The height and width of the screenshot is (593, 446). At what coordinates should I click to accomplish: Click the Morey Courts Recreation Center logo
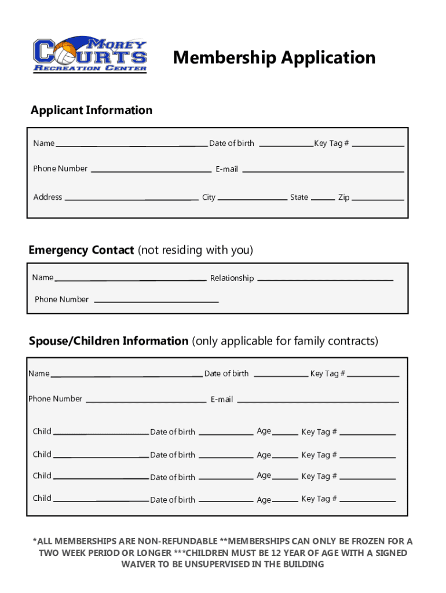(x=90, y=56)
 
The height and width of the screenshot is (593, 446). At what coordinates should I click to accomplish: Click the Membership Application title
(x=274, y=57)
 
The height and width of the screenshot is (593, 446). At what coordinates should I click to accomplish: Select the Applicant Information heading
(x=92, y=110)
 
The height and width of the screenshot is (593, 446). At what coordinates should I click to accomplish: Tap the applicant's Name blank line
(x=131, y=145)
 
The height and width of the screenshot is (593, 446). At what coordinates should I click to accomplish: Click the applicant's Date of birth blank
(x=286, y=145)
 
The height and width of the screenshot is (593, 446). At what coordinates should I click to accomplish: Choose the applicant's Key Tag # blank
(x=378, y=145)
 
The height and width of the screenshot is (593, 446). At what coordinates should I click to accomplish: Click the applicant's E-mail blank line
(x=323, y=170)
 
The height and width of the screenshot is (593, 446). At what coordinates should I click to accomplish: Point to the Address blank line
(x=131, y=199)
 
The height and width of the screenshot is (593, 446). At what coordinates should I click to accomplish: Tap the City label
(x=209, y=197)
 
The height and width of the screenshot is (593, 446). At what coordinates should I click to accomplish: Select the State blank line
(x=323, y=199)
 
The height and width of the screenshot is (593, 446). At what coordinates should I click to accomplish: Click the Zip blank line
(x=378, y=199)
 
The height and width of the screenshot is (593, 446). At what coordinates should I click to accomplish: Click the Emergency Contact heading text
(x=82, y=250)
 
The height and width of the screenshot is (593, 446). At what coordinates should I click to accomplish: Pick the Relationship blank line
(x=325, y=280)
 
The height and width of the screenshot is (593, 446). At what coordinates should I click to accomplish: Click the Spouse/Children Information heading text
(x=109, y=341)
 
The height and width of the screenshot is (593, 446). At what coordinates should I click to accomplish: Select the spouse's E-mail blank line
(x=318, y=401)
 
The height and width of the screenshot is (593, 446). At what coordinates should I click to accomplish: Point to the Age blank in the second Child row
(x=285, y=457)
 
